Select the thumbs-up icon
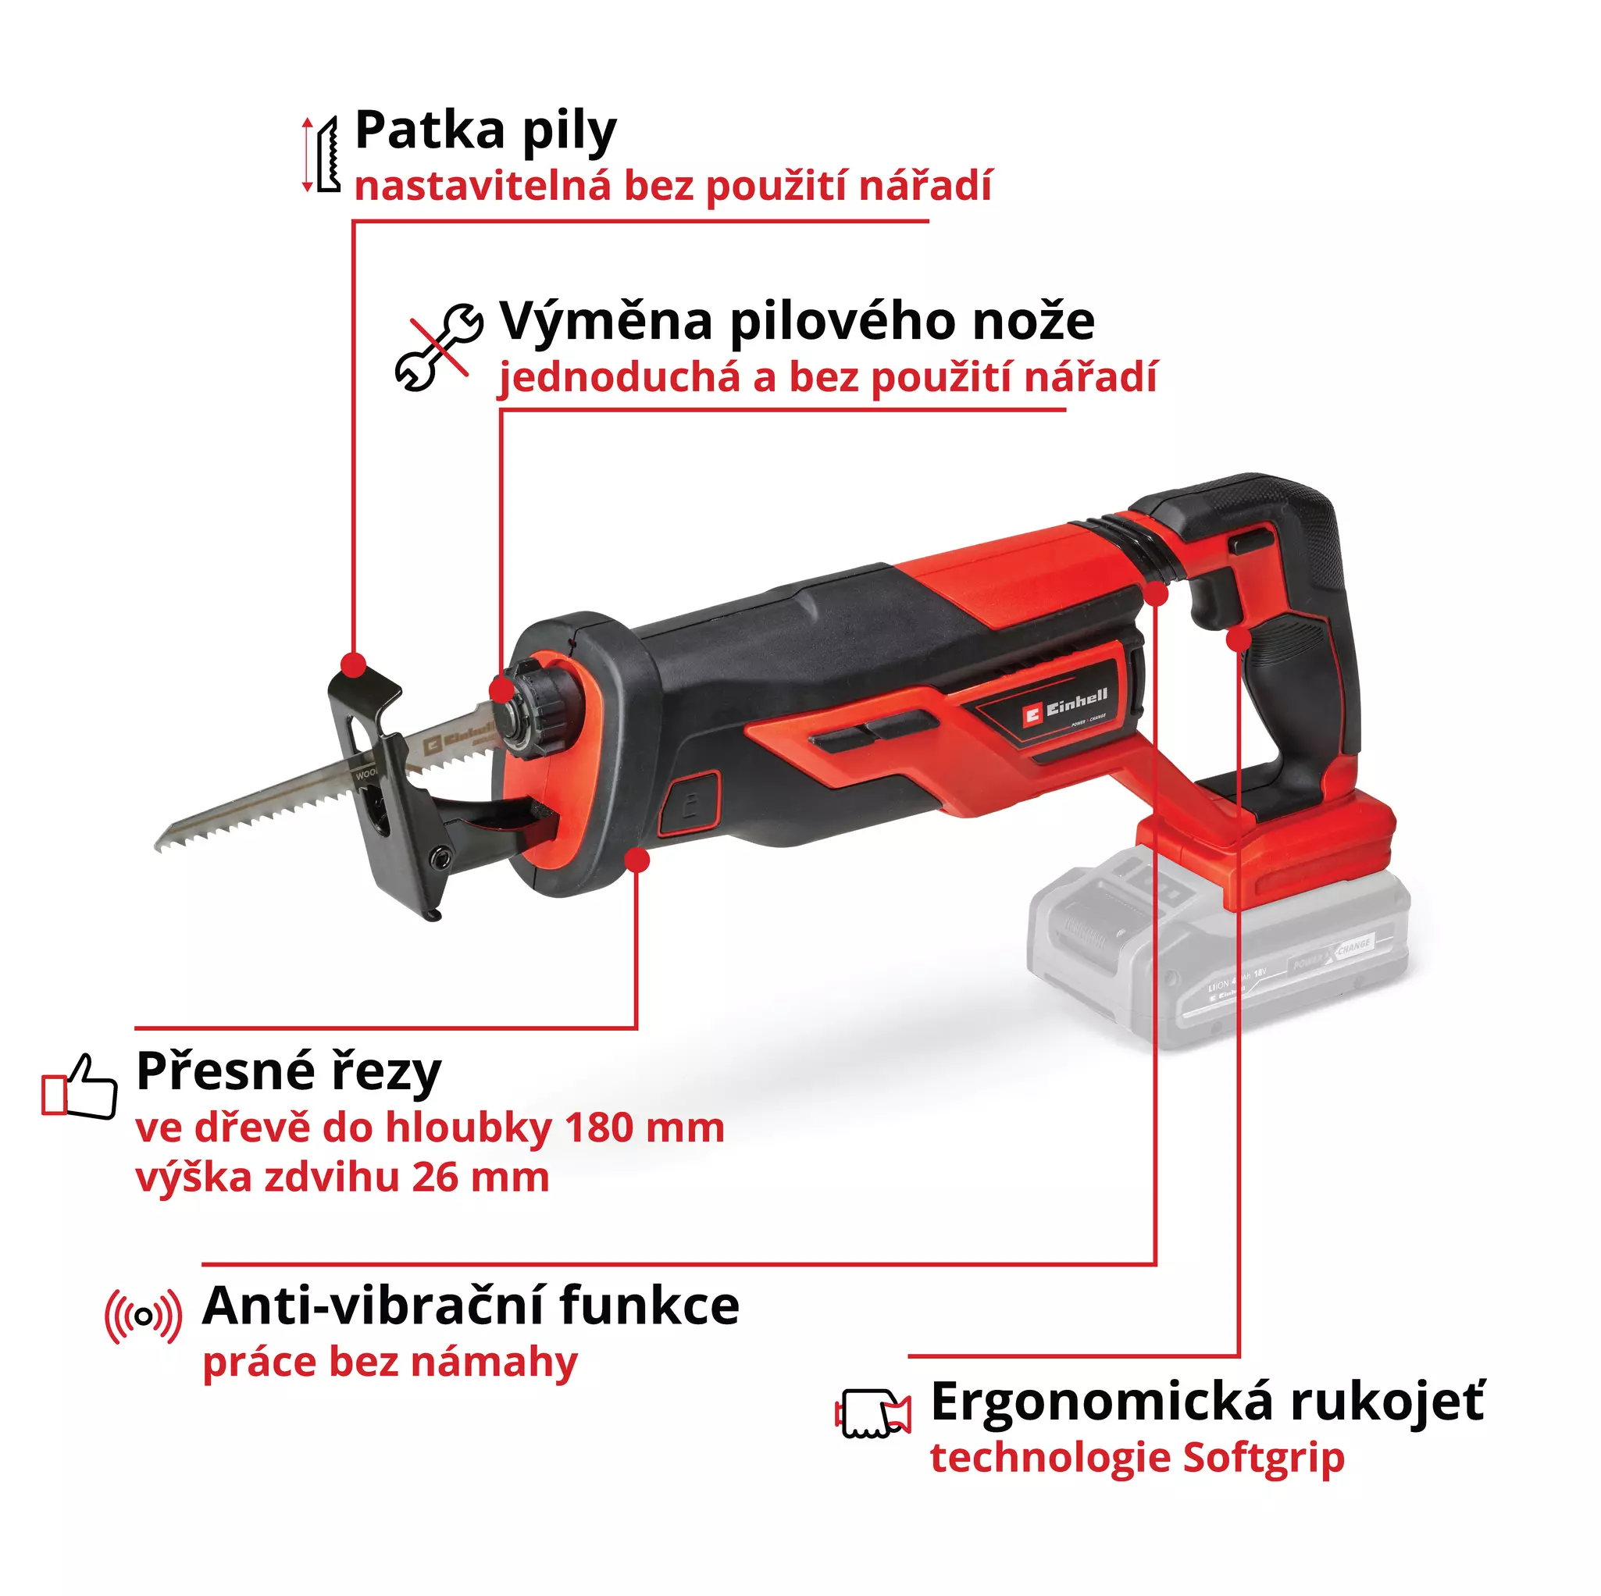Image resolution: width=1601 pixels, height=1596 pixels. (x=80, y=1086)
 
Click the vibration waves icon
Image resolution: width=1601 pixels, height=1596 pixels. (x=144, y=1316)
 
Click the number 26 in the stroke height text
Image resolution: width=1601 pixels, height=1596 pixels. (x=436, y=1177)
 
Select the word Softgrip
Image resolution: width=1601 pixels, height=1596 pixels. (x=1262, y=1458)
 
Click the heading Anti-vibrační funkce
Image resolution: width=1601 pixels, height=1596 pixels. (x=471, y=1307)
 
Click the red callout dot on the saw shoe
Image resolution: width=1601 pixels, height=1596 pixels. (x=354, y=664)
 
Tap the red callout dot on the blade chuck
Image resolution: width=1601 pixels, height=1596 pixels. (x=501, y=689)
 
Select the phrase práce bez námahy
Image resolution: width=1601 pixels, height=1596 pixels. (x=390, y=1363)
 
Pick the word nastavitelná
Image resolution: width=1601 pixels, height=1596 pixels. (x=483, y=185)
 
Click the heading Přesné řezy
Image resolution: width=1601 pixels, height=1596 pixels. (x=288, y=1071)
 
